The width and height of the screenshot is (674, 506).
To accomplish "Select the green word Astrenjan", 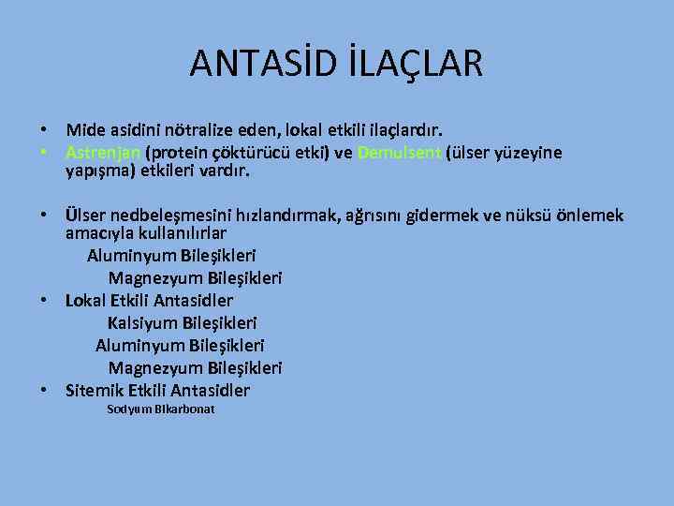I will tap(103, 153).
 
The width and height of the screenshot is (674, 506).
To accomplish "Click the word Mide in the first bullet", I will tap(83, 127).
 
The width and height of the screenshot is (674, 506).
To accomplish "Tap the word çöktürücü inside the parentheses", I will tap(239, 153).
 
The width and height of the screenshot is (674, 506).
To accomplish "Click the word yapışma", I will tap(95, 171).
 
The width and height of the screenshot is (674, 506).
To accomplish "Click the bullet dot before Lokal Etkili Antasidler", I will tap(44, 301).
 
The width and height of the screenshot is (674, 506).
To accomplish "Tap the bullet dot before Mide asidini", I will tap(44, 127).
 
